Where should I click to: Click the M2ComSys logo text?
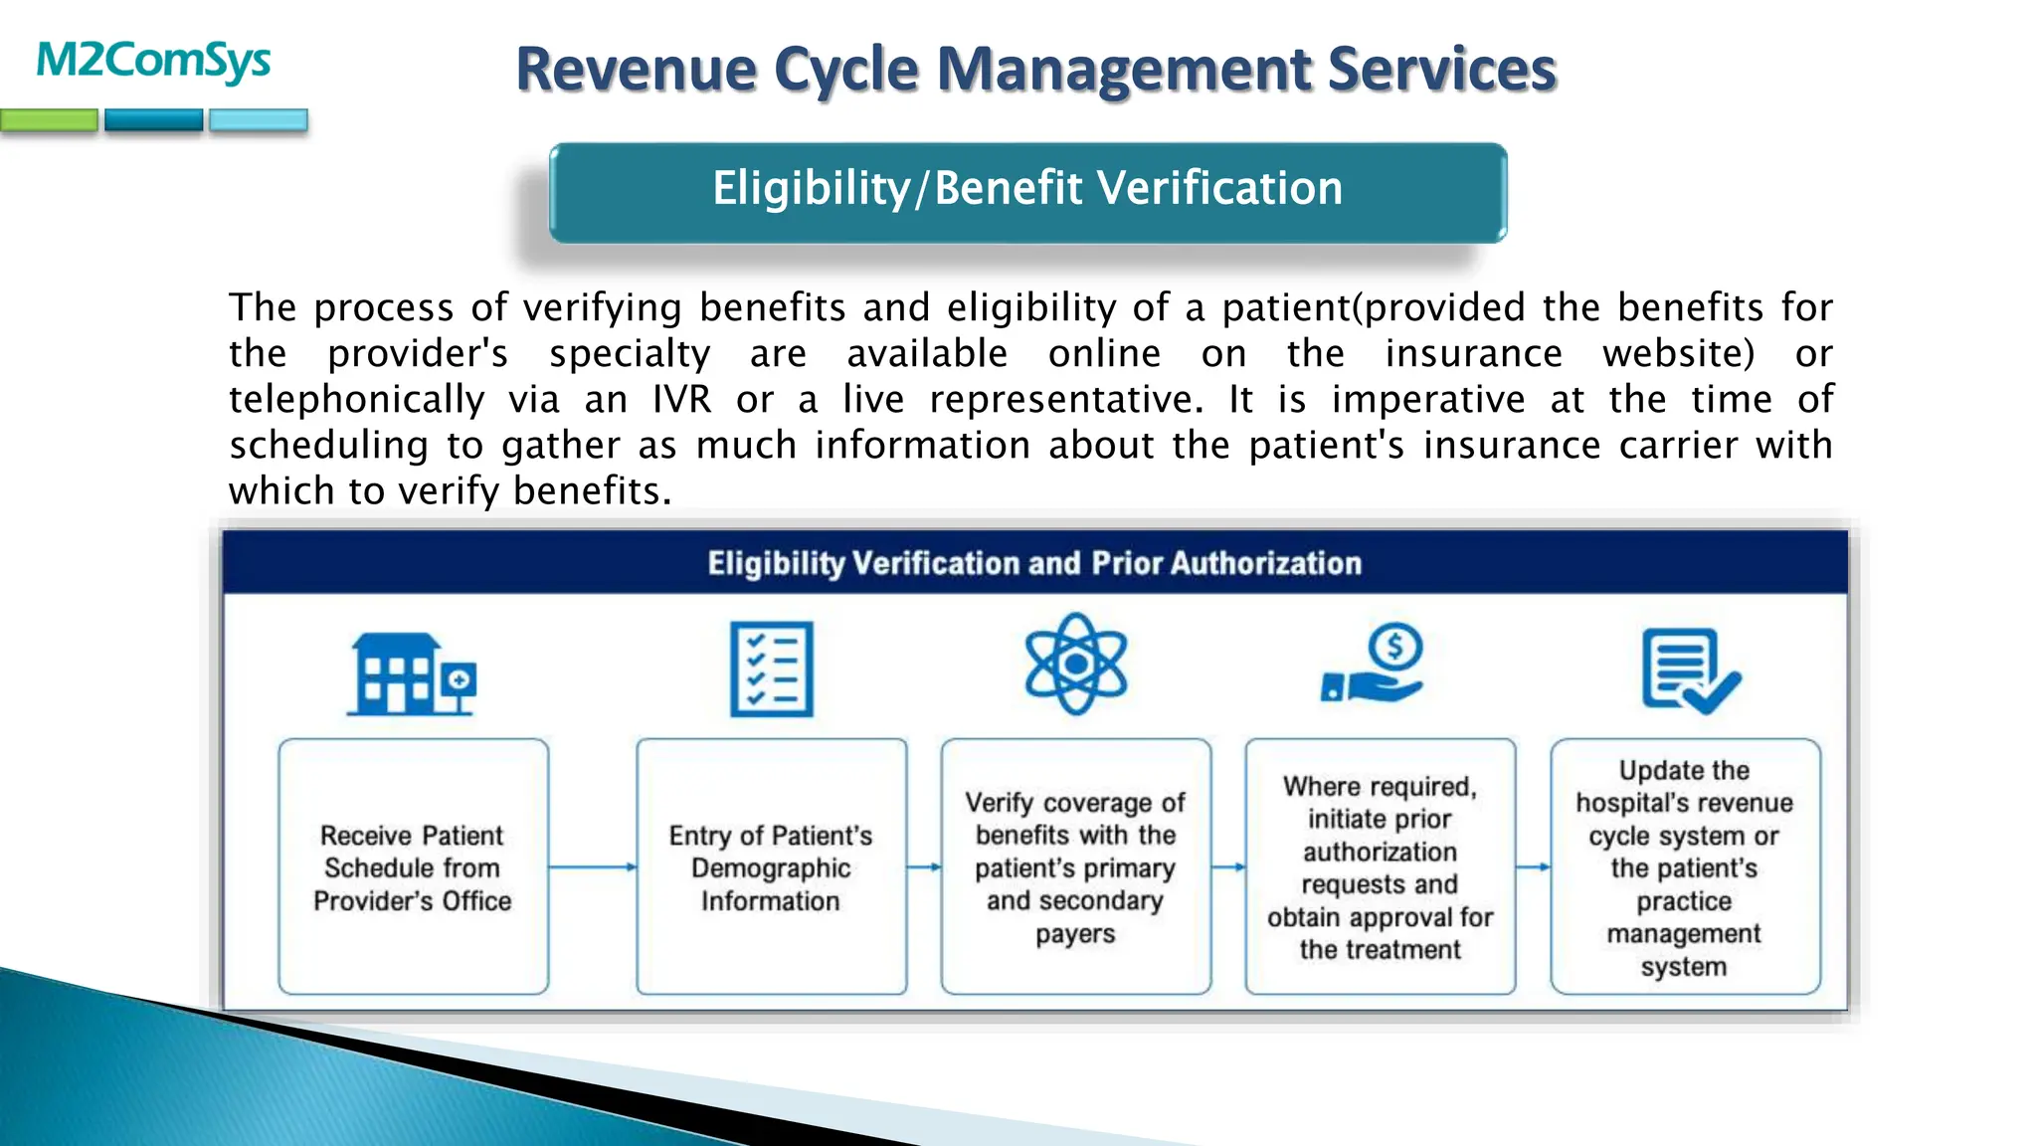pyautogui.click(x=153, y=62)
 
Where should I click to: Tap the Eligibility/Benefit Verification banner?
pyautogui.click(x=1027, y=190)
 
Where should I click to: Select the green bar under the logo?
pyautogui.click(x=49, y=121)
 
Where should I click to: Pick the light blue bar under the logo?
pyautogui.click(x=258, y=121)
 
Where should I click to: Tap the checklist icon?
pyautogui.click(x=771, y=669)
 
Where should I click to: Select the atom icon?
pyautogui.click(x=1075, y=664)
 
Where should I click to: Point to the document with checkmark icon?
pyautogui.click(x=1690, y=670)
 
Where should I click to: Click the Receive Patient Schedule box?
pyautogui.click(x=413, y=866)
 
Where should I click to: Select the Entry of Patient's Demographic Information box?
pyautogui.click(x=771, y=866)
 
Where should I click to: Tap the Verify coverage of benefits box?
pyautogui.click(x=1075, y=866)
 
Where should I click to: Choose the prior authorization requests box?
pyautogui.click(x=1380, y=866)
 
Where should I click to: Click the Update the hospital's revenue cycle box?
pyautogui.click(x=1684, y=866)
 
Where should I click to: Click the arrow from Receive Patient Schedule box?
pyautogui.click(x=592, y=867)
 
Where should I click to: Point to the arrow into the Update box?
pyautogui.click(x=1533, y=867)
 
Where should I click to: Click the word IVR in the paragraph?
pyautogui.click(x=682, y=400)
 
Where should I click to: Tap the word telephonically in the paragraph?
pyautogui.click(x=356, y=400)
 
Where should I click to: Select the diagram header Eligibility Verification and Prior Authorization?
pyautogui.click(x=1034, y=563)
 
